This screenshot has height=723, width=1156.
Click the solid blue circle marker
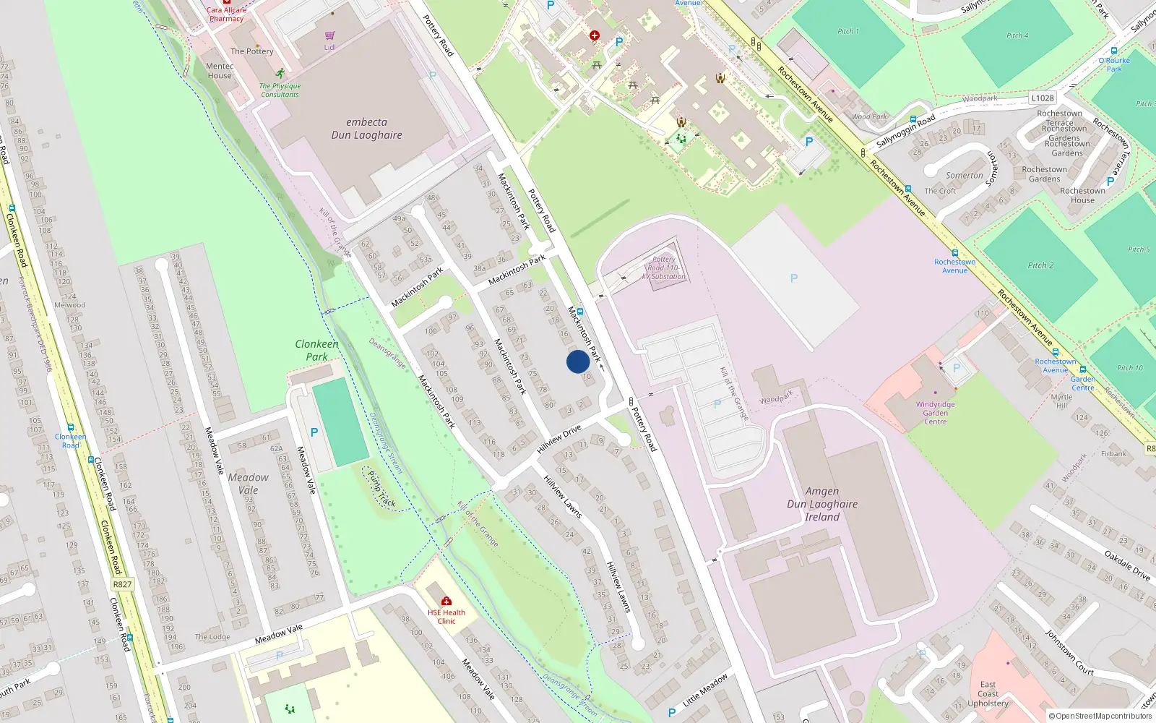pos(577,361)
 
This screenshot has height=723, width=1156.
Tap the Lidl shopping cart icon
pos(329,35)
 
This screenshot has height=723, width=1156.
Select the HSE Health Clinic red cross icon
pos(447,601)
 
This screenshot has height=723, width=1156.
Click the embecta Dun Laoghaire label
pos(366,129)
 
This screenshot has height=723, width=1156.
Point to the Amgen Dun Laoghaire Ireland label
pos(822,504)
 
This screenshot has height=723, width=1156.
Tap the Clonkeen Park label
pos(316,350)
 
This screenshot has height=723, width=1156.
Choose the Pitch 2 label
pos(1040,265)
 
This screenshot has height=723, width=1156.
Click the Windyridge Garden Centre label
pos(935,413)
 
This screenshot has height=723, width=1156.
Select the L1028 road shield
pos(1043,98)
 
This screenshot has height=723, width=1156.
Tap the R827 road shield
pos(122,584)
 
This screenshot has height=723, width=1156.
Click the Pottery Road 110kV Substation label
pos(664,268)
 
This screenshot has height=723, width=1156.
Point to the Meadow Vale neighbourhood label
pos(248,484)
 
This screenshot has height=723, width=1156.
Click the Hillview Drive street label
pos(558,440)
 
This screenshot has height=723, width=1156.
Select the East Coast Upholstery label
pos(988,693)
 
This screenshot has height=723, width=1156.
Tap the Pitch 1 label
pos(848,31)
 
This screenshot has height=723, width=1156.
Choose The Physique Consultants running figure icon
pos(280,74)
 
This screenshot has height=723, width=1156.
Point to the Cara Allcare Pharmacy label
pos(226,14)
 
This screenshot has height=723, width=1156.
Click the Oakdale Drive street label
pos(1127,565)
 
